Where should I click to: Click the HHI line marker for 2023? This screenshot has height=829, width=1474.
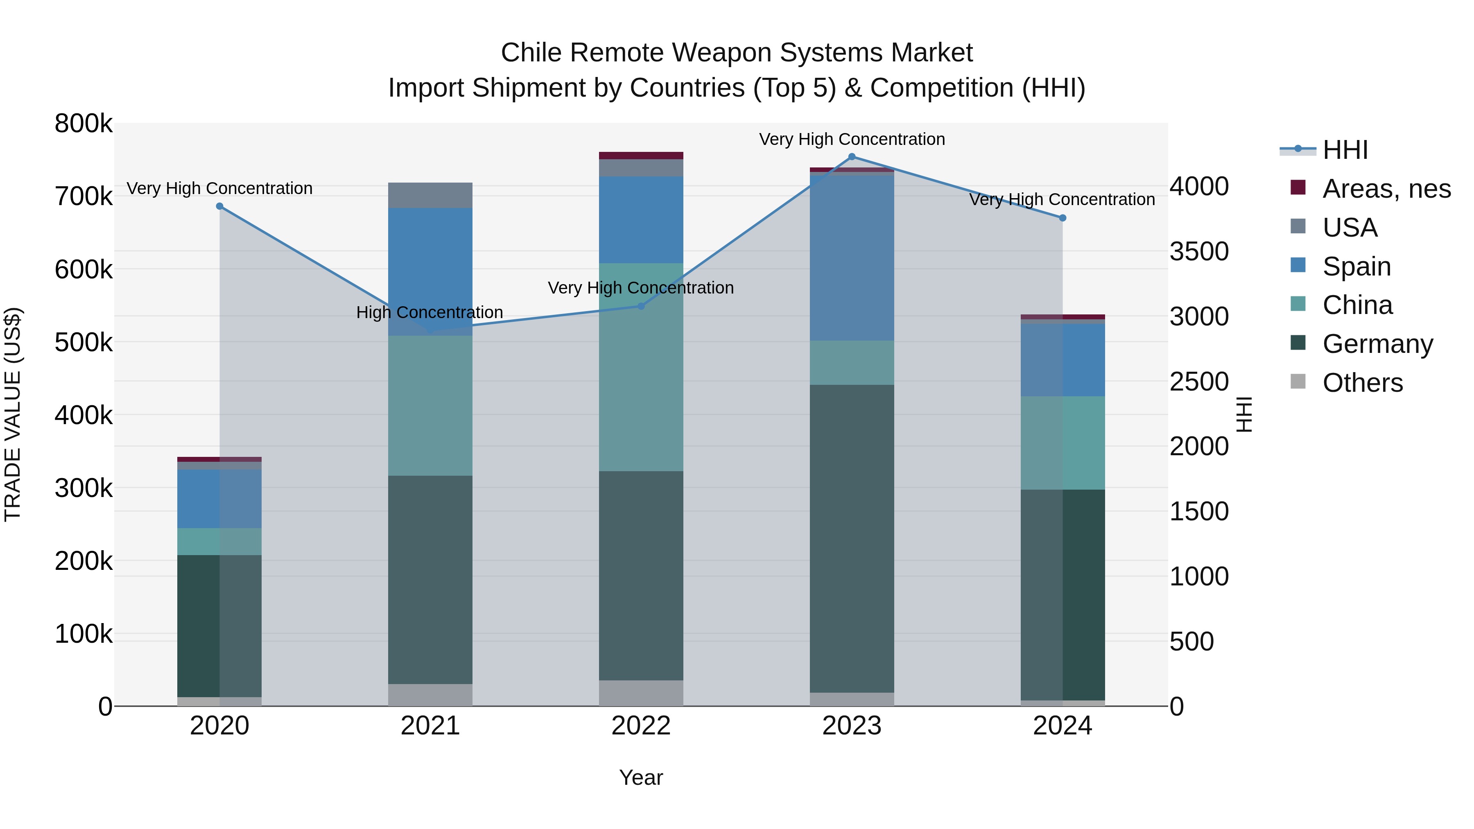point(852,157)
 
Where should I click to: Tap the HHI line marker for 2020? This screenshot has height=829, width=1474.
point(220,207)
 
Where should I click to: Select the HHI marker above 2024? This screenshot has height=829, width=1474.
point(1063,218)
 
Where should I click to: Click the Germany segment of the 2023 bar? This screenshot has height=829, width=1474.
point(852,538)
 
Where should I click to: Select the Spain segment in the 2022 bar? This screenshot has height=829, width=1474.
point(641,220)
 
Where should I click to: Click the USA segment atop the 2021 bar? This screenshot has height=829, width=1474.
point(430,195)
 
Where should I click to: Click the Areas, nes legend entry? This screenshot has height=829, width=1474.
point(1386,189)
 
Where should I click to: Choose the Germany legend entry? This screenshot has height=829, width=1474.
point(1377,344)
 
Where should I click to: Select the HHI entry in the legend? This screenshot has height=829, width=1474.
point(1345,150)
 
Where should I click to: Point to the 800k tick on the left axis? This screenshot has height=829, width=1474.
point(84,124)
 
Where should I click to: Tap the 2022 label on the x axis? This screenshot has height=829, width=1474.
point(641,726)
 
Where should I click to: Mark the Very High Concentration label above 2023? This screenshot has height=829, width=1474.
point(852,139)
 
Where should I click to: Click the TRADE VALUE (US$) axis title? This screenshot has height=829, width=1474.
point(13,414)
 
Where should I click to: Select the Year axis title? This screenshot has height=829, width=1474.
point(641,777)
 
